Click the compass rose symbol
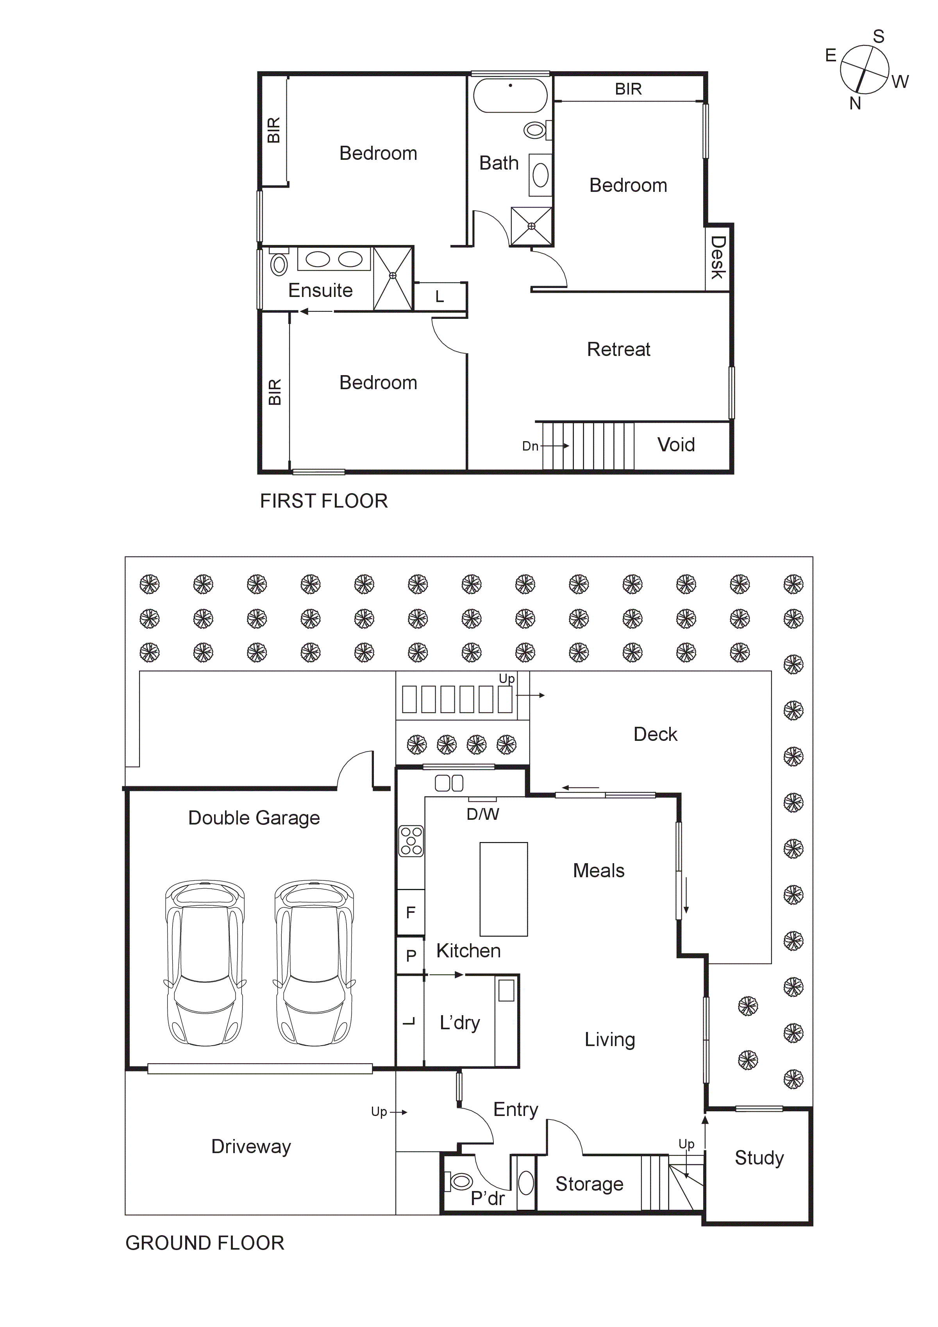coord(864,69)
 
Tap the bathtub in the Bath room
coord(510,95)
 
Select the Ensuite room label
coord(320,290)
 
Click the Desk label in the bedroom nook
coord(717,257)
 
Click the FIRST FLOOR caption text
coord(323,501)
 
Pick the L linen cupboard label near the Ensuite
coord(439,297)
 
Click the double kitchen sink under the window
coord(449,784)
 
